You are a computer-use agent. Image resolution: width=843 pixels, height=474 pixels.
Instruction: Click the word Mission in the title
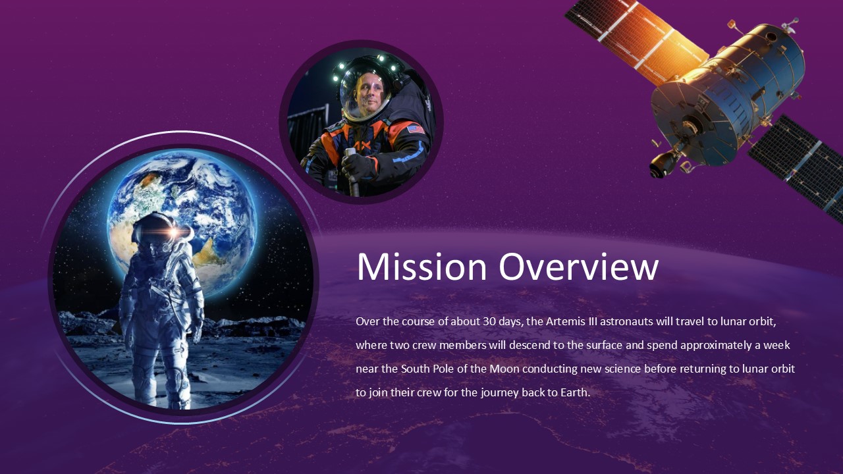point(421,267)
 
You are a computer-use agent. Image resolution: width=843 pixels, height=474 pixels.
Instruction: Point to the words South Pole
point(425,369)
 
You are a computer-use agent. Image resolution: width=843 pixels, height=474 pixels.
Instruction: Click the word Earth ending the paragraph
point(574,392)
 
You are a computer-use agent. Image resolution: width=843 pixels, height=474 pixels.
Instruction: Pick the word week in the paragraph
point(776,345)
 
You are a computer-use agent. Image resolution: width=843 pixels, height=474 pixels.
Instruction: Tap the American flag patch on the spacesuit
point(416,129)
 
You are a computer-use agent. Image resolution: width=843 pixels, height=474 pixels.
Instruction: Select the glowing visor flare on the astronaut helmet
point(173,232)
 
